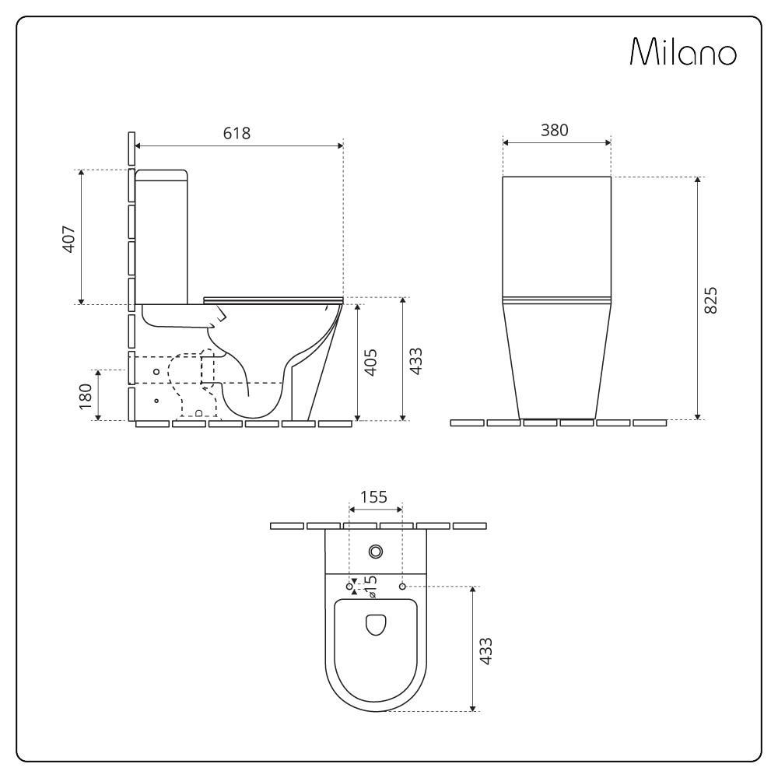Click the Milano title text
point(684,53)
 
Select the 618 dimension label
point(237,133)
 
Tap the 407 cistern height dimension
point(68,237)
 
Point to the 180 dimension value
point(86,395)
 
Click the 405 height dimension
point(371,363)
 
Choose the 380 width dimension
point(555,130)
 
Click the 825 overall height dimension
point(710,300)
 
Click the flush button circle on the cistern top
point(376,552)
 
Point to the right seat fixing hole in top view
point(402,585)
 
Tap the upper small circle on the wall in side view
point(156,372)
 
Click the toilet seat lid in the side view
point(272,298)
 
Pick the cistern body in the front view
point(556,237)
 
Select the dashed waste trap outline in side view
point(191,385)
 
